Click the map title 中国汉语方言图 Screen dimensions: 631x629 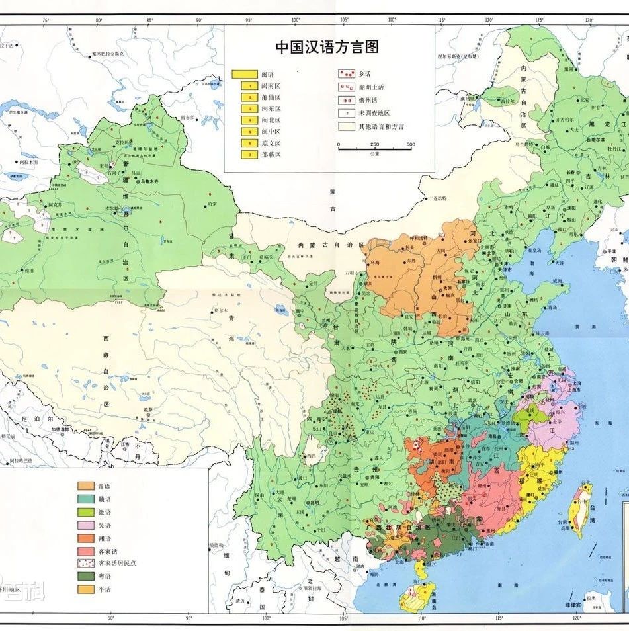(x=327, y=47)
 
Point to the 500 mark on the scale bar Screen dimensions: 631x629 (x=410, y=144)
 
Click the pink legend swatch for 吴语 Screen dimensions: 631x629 (x=85, y=525)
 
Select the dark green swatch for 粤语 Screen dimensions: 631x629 (x=85, y=576)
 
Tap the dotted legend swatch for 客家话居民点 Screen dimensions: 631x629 (x=85, y=564)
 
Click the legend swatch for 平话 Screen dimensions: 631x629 (x=85, y=589)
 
